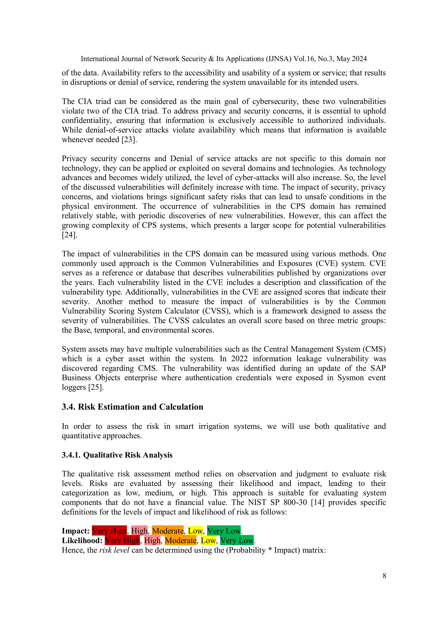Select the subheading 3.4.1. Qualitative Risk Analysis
coord(117,455)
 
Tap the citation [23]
coord(129,140)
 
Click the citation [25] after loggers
coord(96,387)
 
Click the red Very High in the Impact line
coord(109,531)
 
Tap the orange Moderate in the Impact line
coord(168,531)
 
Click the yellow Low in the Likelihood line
coord(208,540)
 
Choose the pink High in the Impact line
coord(139,531)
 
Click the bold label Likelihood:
coord(82,540)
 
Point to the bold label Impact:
coord(75,531)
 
